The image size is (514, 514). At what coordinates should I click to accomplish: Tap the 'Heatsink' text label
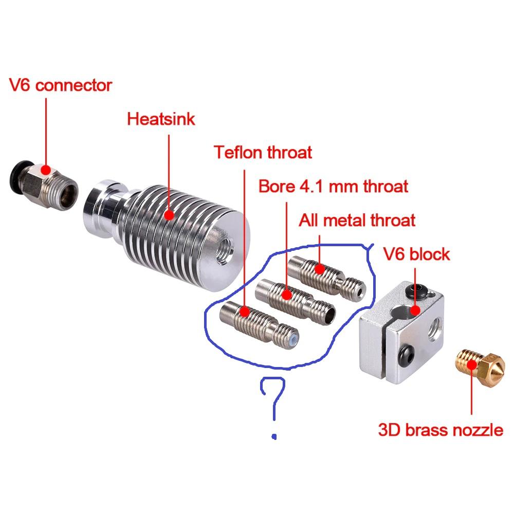click(x=161, y=119)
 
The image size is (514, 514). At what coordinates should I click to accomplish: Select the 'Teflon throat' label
click(x=263, y=152)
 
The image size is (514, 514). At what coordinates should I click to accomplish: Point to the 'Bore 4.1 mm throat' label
click(x=333, y=186)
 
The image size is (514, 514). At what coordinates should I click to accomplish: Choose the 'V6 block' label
click(x=416, y=254)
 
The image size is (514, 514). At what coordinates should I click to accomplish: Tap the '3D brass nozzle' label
click(x=440, y=429)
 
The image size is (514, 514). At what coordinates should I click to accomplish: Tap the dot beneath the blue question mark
click(x=274, y=437)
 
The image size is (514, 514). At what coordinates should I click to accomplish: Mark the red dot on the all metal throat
click(x=319, y=269)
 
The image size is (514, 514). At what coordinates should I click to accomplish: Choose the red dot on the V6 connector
click(x=46, y=170)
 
